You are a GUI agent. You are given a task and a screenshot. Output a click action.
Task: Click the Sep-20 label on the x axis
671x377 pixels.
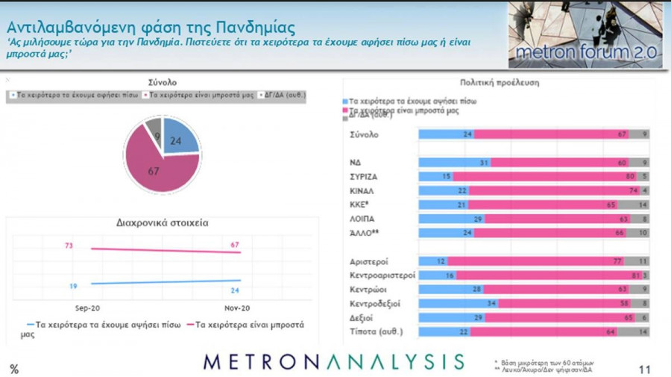point(87,308)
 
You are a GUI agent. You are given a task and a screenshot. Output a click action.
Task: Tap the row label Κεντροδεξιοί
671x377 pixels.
point(377,304)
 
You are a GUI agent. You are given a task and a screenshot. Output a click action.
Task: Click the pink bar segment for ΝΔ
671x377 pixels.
point(559,162)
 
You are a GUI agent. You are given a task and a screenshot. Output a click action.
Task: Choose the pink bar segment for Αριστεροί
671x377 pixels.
point(537,261)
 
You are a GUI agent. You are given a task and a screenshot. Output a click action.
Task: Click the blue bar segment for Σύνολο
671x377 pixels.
point(446,134)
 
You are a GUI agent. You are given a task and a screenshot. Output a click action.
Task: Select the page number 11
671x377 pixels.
point(646,369)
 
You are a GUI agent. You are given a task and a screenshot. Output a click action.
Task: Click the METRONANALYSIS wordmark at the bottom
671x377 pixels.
point(334,362)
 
